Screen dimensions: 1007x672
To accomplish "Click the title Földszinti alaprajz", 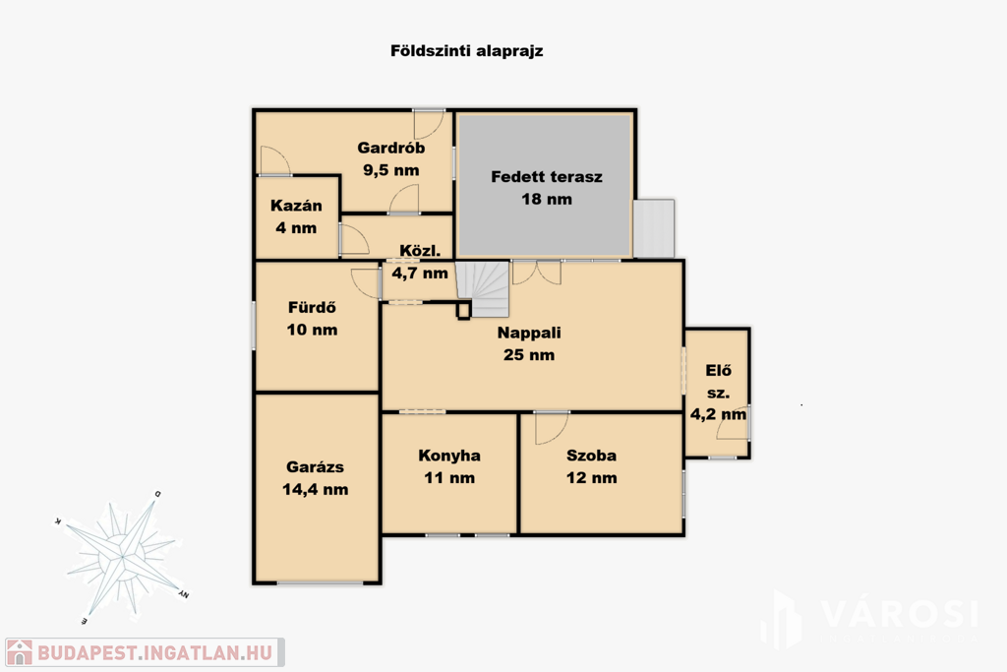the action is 467,51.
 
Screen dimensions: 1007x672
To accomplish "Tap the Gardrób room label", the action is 391,148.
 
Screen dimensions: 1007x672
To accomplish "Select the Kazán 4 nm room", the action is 297,217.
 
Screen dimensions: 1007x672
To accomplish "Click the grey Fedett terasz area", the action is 545,185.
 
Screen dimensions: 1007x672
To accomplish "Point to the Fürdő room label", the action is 312,307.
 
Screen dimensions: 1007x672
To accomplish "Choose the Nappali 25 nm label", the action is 529,343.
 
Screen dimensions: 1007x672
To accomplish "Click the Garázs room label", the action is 316,467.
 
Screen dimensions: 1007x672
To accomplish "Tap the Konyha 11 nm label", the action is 449,466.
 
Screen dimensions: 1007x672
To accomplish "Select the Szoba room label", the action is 591,456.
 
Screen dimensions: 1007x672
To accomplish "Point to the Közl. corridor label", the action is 420,251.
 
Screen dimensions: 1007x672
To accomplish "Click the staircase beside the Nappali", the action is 483,288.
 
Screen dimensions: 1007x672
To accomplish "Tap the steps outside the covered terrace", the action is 654,228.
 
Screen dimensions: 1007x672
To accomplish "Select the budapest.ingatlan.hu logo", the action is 146,652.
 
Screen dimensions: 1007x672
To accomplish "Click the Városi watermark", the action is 870,619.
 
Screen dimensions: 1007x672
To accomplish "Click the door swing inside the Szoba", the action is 551,428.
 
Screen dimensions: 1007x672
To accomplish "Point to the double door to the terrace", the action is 537,272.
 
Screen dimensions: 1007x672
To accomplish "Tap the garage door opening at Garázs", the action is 320,582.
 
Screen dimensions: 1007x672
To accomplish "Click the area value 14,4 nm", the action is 316,490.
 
